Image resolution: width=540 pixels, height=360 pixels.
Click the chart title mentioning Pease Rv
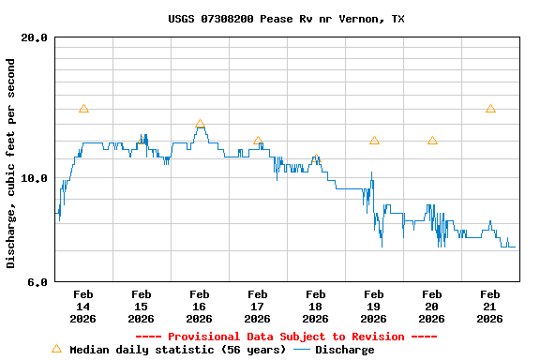point(287,19)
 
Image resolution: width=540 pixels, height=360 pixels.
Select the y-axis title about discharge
point(11,163)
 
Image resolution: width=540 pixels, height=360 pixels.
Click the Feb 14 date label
point(82,306)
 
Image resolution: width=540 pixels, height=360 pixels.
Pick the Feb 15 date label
point(141,306)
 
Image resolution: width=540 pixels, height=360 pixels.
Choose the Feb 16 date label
point(199,306)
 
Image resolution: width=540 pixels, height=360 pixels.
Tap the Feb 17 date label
point(257,306)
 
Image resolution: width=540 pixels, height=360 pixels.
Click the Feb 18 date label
point(315,306)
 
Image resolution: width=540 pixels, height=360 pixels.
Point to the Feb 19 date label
point(373,306)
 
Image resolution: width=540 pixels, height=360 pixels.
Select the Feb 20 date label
point(431,306)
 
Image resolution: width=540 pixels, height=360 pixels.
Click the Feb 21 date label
point(489,306)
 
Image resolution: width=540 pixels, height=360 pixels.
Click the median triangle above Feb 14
point(83,109)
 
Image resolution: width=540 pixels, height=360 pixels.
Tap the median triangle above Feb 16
point(200,124)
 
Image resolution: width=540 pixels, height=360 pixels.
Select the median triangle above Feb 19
point(374,141)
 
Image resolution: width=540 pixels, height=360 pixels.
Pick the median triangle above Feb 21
point(490,109)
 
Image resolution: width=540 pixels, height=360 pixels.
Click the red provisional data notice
point(287,337)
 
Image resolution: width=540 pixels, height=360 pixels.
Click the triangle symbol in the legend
point(56,349)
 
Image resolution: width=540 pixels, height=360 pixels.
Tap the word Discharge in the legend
point(344,350)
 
